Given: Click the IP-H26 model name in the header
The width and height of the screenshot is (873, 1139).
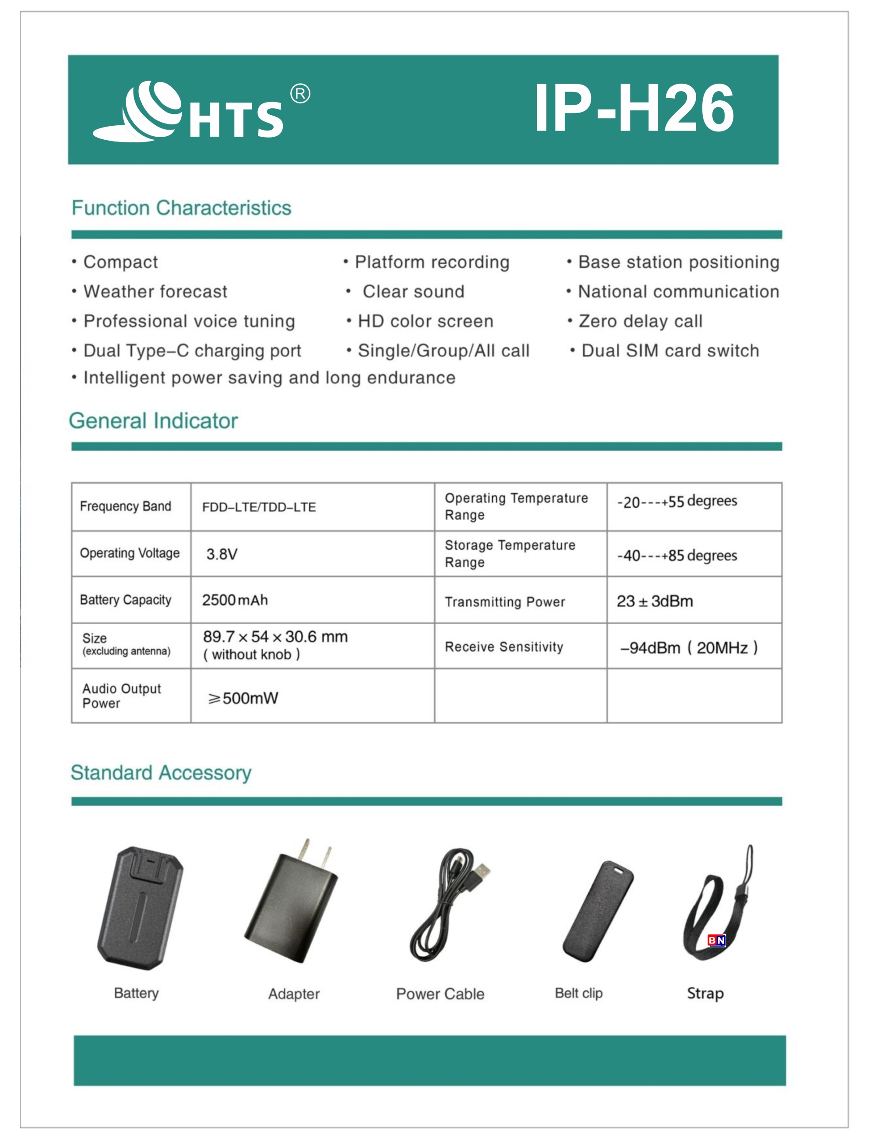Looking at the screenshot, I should (x=634, y=108).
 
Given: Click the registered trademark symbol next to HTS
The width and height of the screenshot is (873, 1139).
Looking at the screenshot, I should (x=300, y=94).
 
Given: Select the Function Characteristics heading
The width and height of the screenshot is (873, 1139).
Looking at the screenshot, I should (x=181, y=208).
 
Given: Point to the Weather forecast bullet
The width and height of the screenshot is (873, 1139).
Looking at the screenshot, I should (x=155, y=292).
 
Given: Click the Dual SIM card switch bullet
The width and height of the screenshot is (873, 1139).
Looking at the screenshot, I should (x=670, y=351).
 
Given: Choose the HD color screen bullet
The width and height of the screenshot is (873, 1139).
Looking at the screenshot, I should (x=425, y=321).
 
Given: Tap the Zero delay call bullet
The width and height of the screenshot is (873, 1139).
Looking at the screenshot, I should (x=640, y=321).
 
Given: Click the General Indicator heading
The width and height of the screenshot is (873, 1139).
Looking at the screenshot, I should (x=153, y=421).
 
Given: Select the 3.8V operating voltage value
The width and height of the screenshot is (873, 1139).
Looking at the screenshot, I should (x=222, y=554).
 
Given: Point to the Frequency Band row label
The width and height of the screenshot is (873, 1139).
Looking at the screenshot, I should (x=125, y=506).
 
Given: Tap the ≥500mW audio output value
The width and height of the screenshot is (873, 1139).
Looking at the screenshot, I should (x=243, y=698).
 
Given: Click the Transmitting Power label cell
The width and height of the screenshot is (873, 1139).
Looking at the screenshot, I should (x=504, y=601).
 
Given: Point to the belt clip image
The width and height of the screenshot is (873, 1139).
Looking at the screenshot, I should (x=598, y=911).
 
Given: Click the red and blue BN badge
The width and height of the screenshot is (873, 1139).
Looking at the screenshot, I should (x=717, y=940).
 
